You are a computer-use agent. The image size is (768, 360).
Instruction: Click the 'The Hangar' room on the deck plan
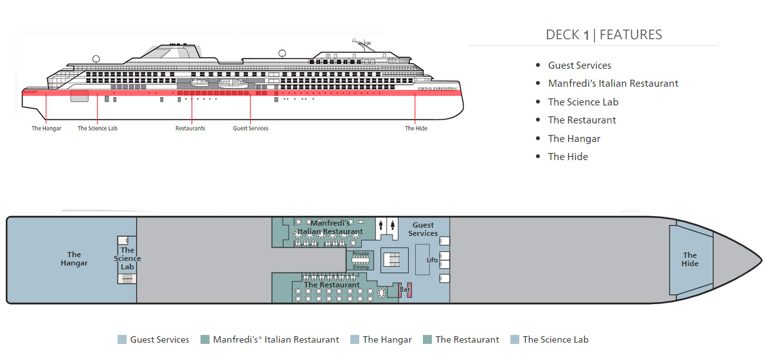pyautogui.click(x=74, y=259)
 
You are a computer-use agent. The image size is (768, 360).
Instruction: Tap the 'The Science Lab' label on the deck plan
pyautogui.click(x=127, y=258)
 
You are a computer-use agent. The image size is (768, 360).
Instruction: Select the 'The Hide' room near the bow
pyautogui.click(x=690, y=260)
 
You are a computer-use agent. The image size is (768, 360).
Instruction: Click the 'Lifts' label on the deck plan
pyautogui.click(x=433, y=260)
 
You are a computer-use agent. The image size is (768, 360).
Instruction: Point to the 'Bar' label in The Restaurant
pyautogui.click(x=405, y=290)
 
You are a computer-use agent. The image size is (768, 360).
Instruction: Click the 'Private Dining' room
pyautogui.click(x=361, y=260)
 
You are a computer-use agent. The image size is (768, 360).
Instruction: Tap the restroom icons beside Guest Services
pyautogui.click(x=387, y=226)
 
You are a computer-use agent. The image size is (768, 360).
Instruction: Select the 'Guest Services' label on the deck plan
pyautogui.click(x=423, y=230)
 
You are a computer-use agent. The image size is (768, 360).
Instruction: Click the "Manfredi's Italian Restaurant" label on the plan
pyautogui.click(x=330, y=227)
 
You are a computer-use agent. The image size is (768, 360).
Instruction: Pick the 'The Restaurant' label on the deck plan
pyautogui.click(x=332, y=285)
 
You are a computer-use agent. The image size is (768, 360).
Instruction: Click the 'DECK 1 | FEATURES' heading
pyautogui.click(x=603, y=35)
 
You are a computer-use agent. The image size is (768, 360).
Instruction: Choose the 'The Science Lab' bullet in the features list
pyautogui.click(x=583, y=102)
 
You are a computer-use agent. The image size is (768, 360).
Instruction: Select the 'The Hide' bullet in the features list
pyautogui.click(x=567, y=156)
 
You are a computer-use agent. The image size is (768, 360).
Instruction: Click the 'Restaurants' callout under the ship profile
pyautogui.click(x=190, y=129)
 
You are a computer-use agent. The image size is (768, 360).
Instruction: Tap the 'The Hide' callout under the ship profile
pyautogui.click(x=416, y=129)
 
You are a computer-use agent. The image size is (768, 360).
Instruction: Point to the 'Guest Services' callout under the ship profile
pyautogui.click(x=251, y=129)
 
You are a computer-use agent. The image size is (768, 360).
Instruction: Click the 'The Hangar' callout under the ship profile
pyautogui.click(x=47, y=129)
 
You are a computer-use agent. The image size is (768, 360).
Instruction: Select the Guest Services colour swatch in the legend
pyautogui.click(x=122, y=339)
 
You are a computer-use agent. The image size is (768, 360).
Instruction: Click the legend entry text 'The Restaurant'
pyautogui.click(x=467, y=339)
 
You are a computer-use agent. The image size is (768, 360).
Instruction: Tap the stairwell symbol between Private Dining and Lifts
pyautogui.click(x=391, y=259)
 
